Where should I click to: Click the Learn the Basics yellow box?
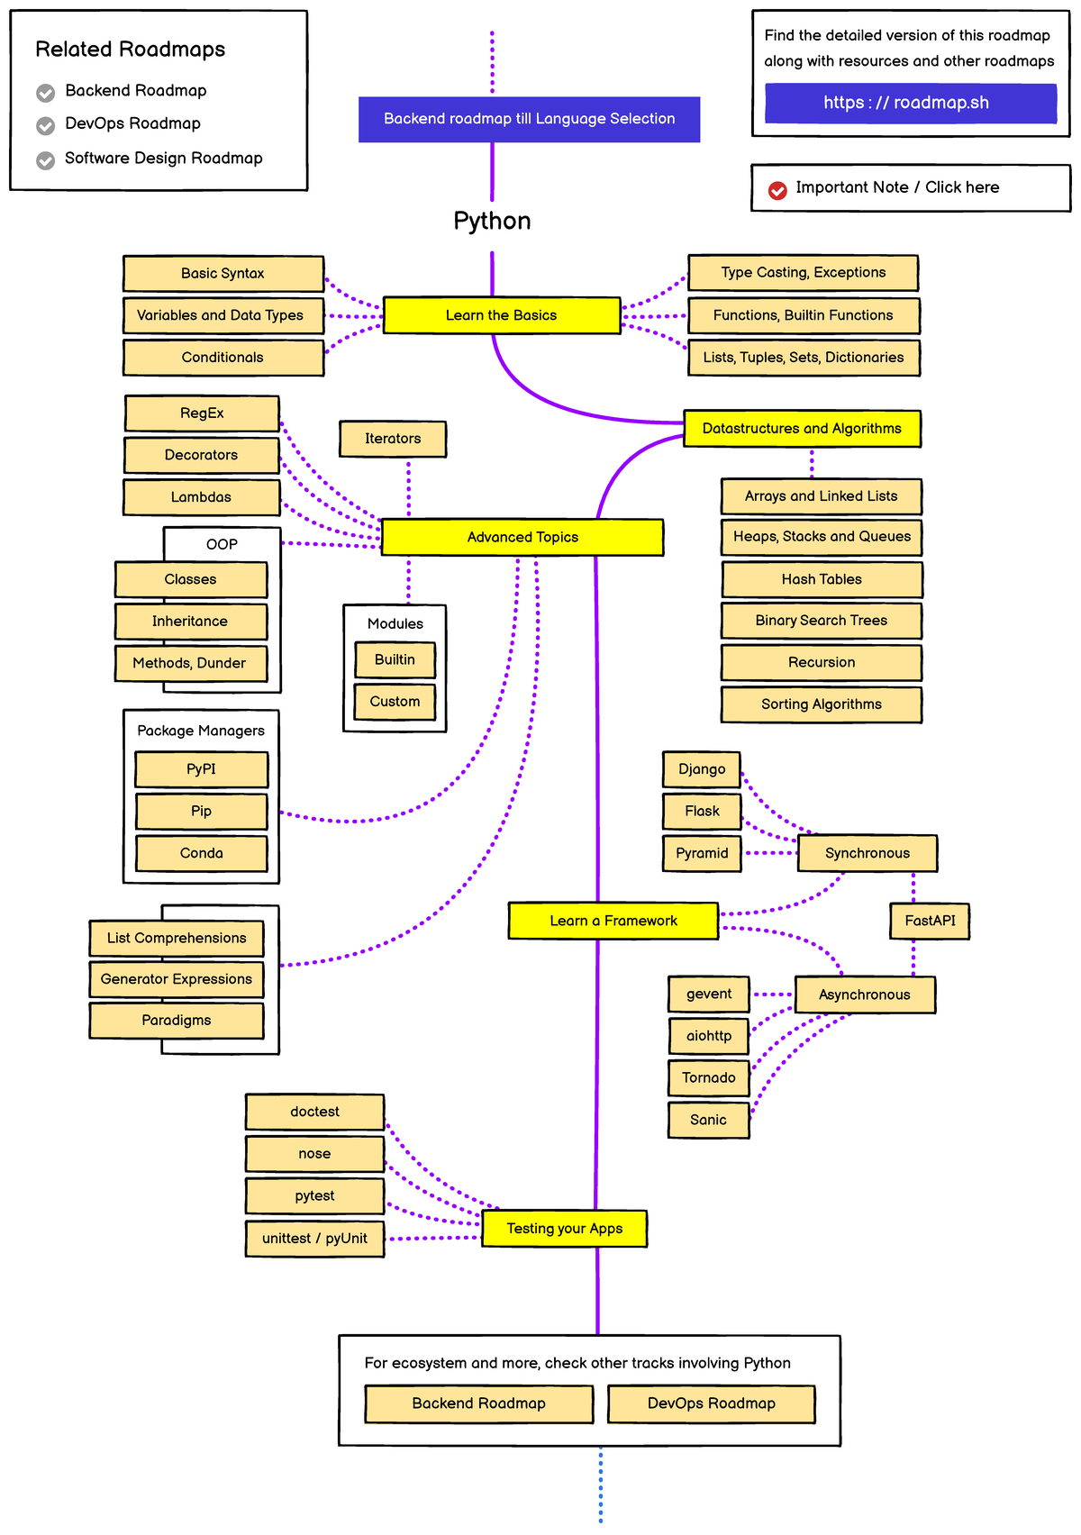point(502,315)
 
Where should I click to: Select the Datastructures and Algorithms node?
point(802,429)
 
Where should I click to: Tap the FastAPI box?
point(930,921)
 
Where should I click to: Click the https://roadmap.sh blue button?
point(910,103)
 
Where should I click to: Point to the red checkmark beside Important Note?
point(777,189)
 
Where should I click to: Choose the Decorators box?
point(201,455)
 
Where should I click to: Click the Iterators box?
point(393,439)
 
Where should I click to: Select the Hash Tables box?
point(822,579)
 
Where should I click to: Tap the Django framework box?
point(702,769)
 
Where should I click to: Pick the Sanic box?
point(708,1120)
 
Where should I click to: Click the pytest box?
point(314,1195)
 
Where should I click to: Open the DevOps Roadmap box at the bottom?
point(711,1403)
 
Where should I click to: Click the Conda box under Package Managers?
point(201,853)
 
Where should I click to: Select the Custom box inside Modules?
point(395,702)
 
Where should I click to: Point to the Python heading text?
point(492,221)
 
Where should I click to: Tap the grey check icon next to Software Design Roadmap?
point(45,160)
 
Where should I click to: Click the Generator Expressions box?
point(177,979)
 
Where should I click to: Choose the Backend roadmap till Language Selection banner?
point(529,119)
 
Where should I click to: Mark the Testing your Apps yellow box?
point(564,1229)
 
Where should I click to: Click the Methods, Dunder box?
point(190,663)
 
